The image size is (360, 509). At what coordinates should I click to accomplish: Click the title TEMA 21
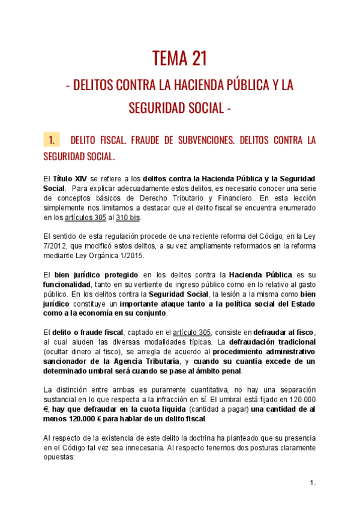(x=180, y=58)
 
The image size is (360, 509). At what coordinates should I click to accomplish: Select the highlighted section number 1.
(x=52, y=140)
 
